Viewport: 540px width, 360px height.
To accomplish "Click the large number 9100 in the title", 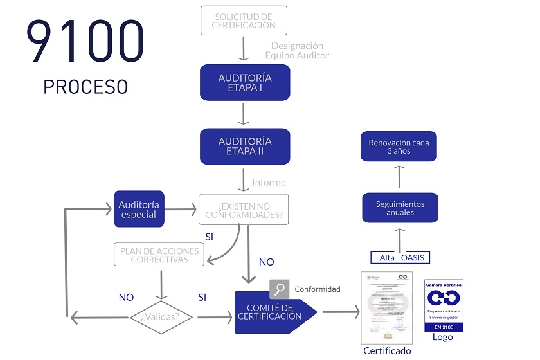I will (x=85, y=42).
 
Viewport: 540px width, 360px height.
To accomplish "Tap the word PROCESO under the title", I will (x=85, y=87).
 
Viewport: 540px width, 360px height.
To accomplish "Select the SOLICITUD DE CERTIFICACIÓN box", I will (x=244, y=21).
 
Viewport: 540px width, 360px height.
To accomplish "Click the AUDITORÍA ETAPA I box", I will (x=245, y=82).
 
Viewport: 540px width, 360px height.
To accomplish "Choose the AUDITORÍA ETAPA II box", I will (x=245, y=146).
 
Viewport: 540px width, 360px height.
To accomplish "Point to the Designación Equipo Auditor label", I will (x=297, y=50).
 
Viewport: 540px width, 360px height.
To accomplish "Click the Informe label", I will (x=269, y=182).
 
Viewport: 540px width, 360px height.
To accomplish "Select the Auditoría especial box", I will (x=139, y=209).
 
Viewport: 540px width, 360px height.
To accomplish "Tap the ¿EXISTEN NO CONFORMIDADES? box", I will (x=244, y=210).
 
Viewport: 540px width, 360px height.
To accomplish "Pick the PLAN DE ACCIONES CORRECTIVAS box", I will (x=159, y=254).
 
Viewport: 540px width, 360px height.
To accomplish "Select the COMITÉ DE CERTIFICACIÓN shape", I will (x=273, y=312).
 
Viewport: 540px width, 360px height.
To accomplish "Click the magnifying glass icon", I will (x=279, y=289).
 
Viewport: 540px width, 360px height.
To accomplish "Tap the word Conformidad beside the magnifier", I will (x=318, y=289).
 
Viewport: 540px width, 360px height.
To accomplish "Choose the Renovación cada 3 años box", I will (x=399, y=147).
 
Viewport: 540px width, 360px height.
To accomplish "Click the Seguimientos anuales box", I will (x=400, y=208).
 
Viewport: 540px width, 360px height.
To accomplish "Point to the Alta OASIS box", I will (x=401, y=257).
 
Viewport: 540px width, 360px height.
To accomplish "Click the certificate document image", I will (x=387, y=308).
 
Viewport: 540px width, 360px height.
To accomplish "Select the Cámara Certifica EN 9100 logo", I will (x=444, y=305).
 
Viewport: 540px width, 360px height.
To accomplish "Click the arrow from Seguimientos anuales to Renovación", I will (x=399, y=176).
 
